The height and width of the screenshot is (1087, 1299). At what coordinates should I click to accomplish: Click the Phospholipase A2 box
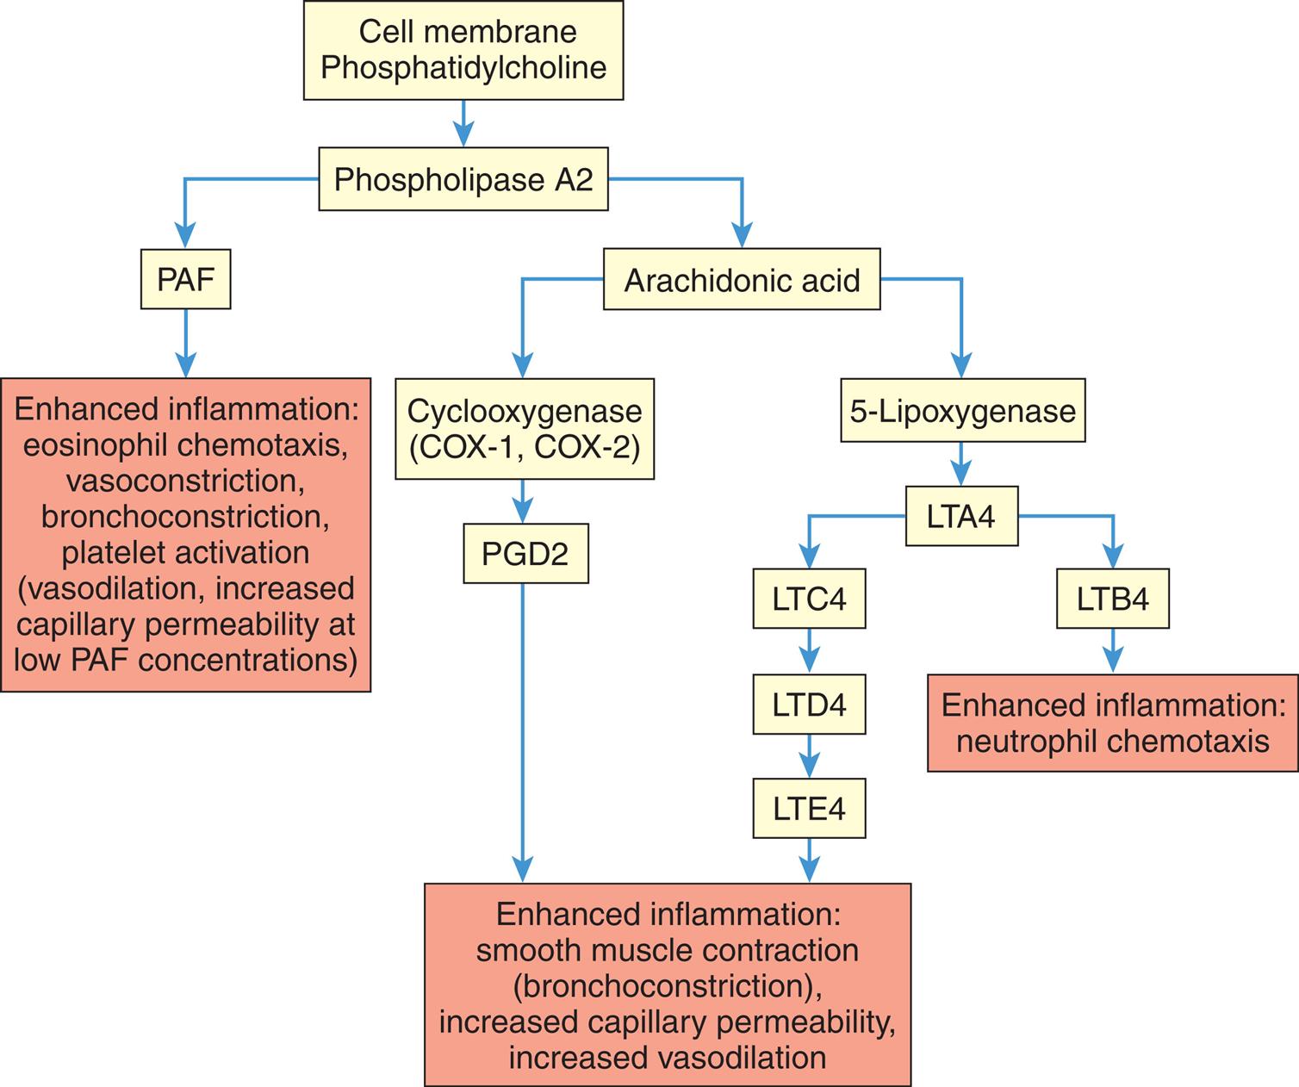coord(463,180)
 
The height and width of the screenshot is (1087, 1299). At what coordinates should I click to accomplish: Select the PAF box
coord(185,279)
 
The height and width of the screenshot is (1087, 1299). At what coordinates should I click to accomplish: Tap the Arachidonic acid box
coord(741,280)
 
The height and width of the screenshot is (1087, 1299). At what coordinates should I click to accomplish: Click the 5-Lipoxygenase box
coord(962,411)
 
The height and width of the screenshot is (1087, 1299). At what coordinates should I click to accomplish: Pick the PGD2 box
coord(525,553)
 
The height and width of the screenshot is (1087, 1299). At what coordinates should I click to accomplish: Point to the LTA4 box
coord(961,517)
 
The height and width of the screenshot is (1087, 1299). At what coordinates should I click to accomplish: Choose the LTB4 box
coord(1112,599)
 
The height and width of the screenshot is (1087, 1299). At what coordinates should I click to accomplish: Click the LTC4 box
coord(808,599)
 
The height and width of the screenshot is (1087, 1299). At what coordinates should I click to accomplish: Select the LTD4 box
coord(808,705)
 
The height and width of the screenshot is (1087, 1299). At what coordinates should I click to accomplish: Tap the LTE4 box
coord(808,809)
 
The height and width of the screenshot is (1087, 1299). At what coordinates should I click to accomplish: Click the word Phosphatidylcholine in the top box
coord(463,68)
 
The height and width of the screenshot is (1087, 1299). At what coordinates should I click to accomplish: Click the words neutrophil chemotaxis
coord(1112,742)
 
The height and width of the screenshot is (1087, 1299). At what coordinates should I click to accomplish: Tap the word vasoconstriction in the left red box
coord(185,480)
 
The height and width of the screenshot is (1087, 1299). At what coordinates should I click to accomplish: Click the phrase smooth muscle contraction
coord(667,950)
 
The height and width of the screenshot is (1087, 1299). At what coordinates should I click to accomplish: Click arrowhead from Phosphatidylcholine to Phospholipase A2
coord(463,135)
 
